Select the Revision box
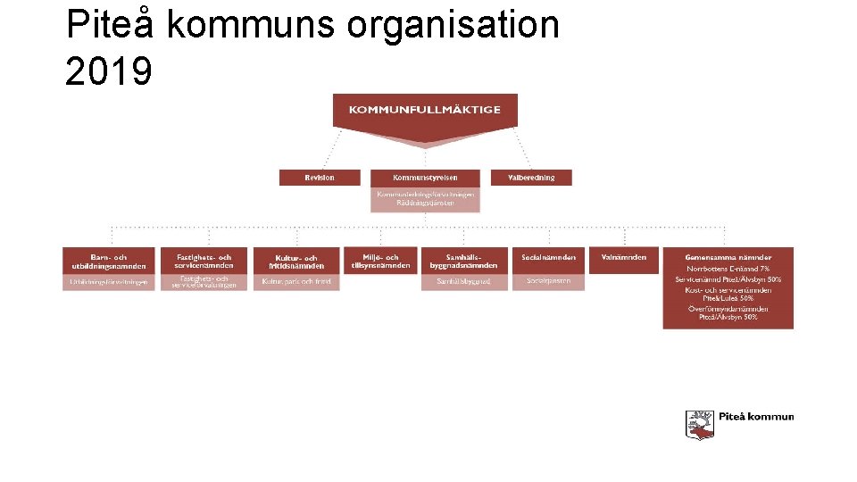tap(320, 178)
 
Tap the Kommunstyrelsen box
tap(425, 178)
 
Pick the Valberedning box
tap(531, 178)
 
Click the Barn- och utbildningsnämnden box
tap(109, 262)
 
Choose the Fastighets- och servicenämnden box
tap(204, 262)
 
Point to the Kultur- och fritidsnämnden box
tap(296, 262)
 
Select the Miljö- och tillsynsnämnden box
tap(380, 261)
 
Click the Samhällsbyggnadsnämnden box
tap(463, 262)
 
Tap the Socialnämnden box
tap(548, 258)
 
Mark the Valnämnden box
tap(624, 258)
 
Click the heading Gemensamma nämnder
tap(728, 258)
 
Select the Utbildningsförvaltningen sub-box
tap(109, 282)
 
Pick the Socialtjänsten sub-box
tap(548, 281)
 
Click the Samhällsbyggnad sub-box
tap(463, 282)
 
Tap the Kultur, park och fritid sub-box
tap(296, 282)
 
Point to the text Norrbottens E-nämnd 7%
tap(728, 269)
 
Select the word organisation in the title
tap(453, 24)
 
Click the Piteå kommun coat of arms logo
tap(700, 424)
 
